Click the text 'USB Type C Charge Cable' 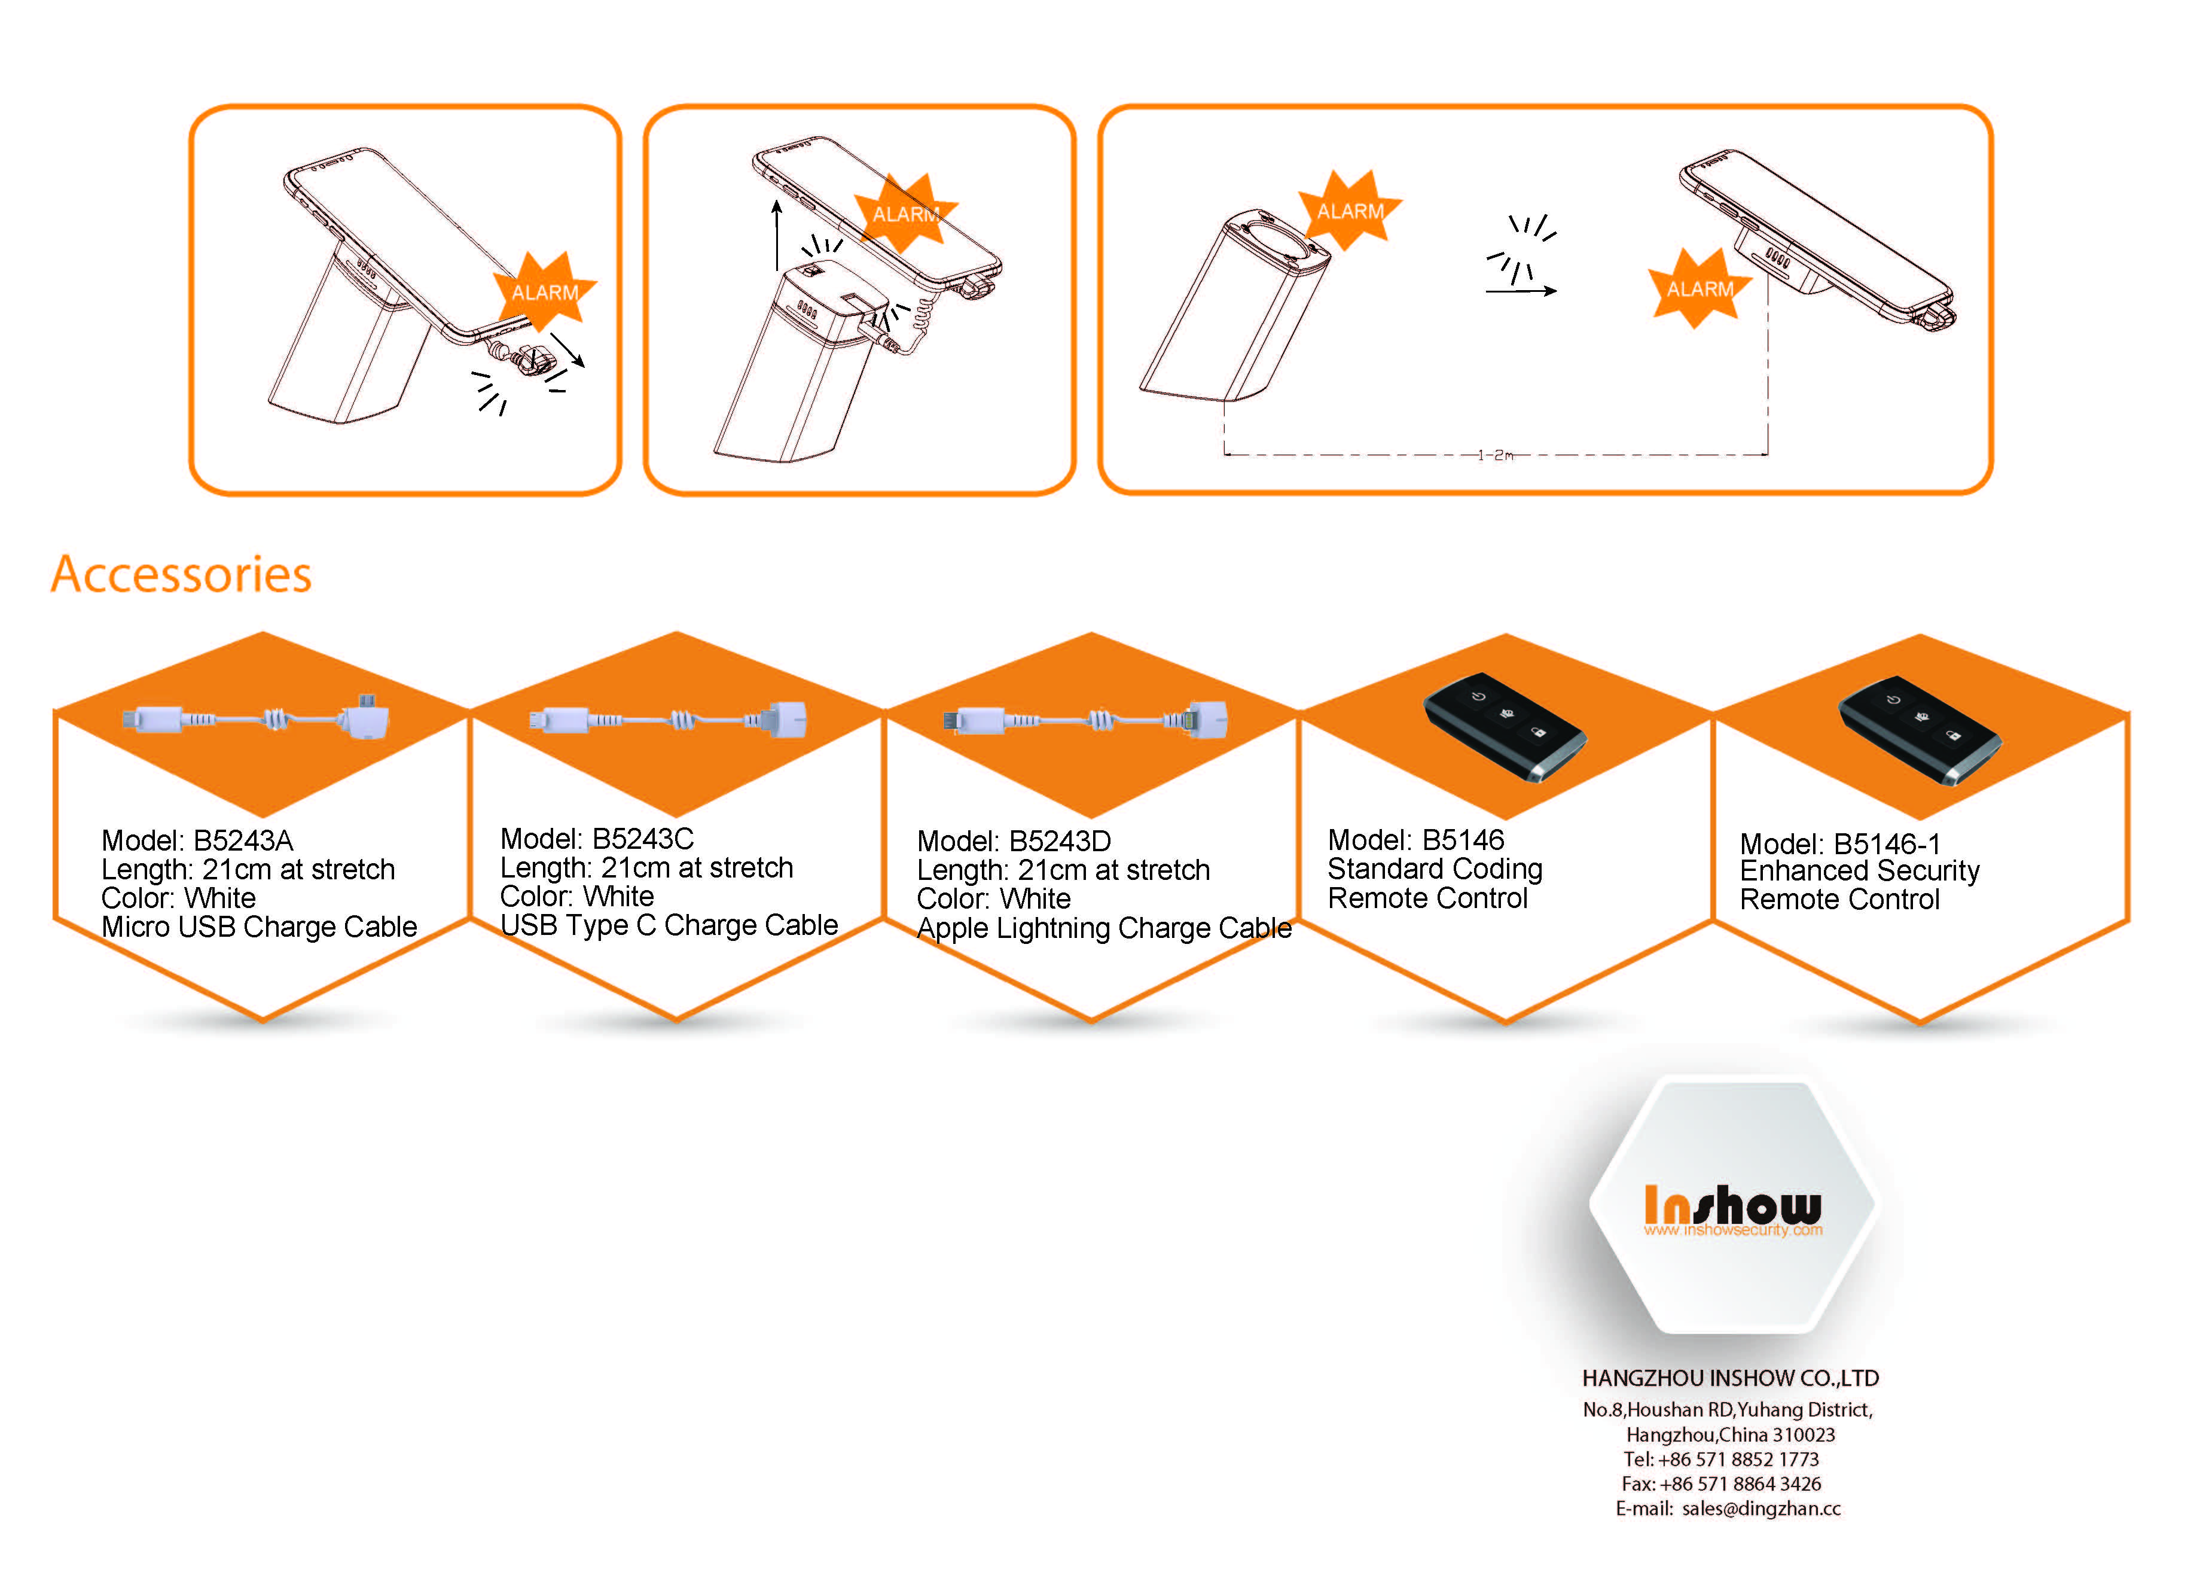(x=669, y=925)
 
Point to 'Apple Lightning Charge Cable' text (x=1104, y=928)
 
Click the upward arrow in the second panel (x=777, y=236)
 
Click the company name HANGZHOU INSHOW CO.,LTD (x=1730, y=1378)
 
